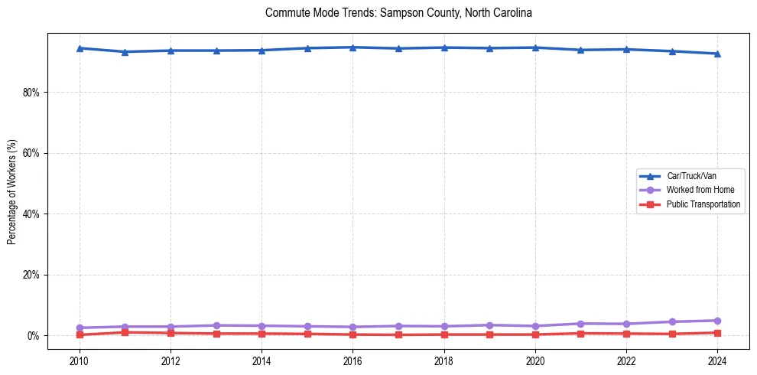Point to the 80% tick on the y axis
33,93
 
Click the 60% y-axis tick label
33,153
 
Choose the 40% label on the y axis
33,214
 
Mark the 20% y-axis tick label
33,275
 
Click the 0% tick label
35,336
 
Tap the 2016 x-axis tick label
353,360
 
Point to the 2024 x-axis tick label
717,360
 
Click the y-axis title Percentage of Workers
12,192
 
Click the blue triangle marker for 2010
80,48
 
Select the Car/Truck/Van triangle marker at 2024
717,54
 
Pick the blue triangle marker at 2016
353,47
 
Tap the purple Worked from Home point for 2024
717,321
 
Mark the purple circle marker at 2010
80,328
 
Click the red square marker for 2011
125,332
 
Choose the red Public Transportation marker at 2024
717,333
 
